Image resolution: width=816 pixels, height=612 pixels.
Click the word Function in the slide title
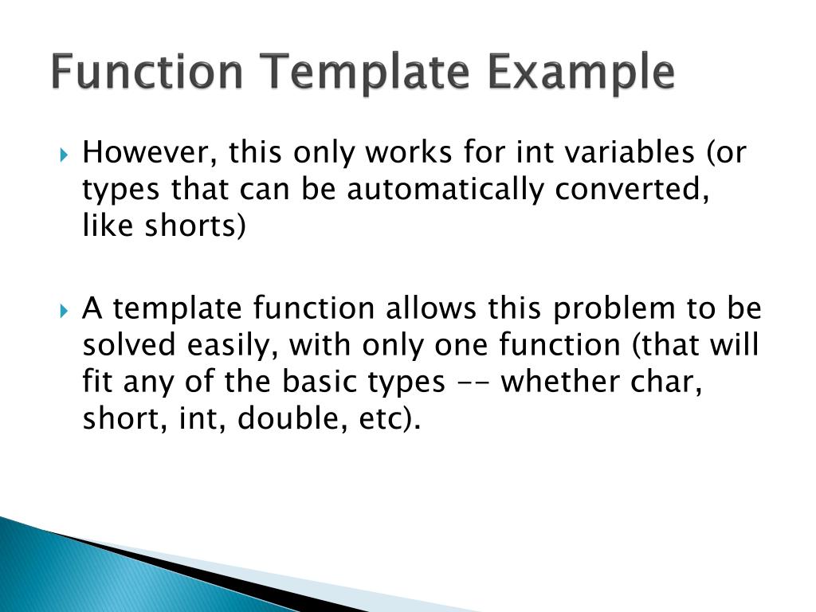[x=147, y=73]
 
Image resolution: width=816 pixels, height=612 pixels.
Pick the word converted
[x=643, y=190]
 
